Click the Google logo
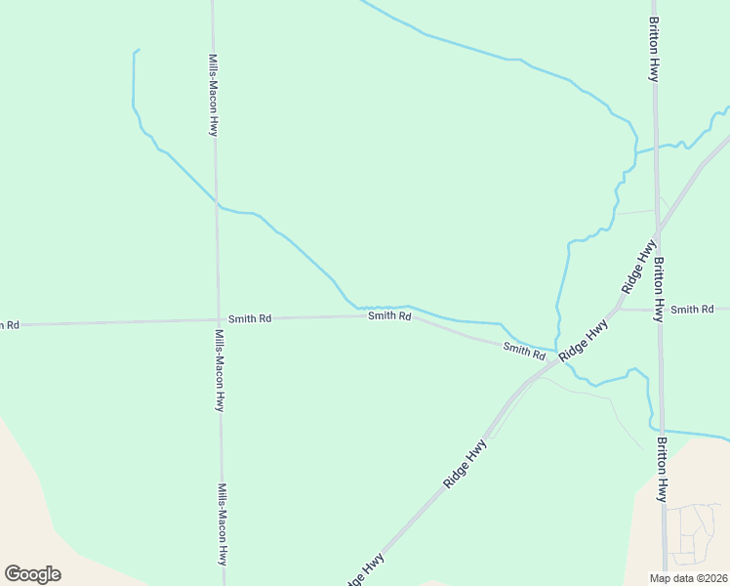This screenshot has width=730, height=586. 32,573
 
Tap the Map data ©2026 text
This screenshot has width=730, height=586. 688,578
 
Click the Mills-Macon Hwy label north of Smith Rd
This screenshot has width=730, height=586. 213,95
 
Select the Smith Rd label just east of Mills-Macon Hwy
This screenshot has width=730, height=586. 250,318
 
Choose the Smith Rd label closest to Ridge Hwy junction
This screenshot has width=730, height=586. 524,350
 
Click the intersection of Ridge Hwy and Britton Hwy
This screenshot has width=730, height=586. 659,230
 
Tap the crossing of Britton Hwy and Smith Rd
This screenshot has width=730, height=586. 660,310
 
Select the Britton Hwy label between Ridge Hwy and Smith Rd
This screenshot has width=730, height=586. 660,289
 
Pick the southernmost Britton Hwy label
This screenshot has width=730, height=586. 662,470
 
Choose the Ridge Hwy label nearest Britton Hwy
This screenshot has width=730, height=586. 639,267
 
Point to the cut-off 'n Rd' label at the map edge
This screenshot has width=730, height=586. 9,324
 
